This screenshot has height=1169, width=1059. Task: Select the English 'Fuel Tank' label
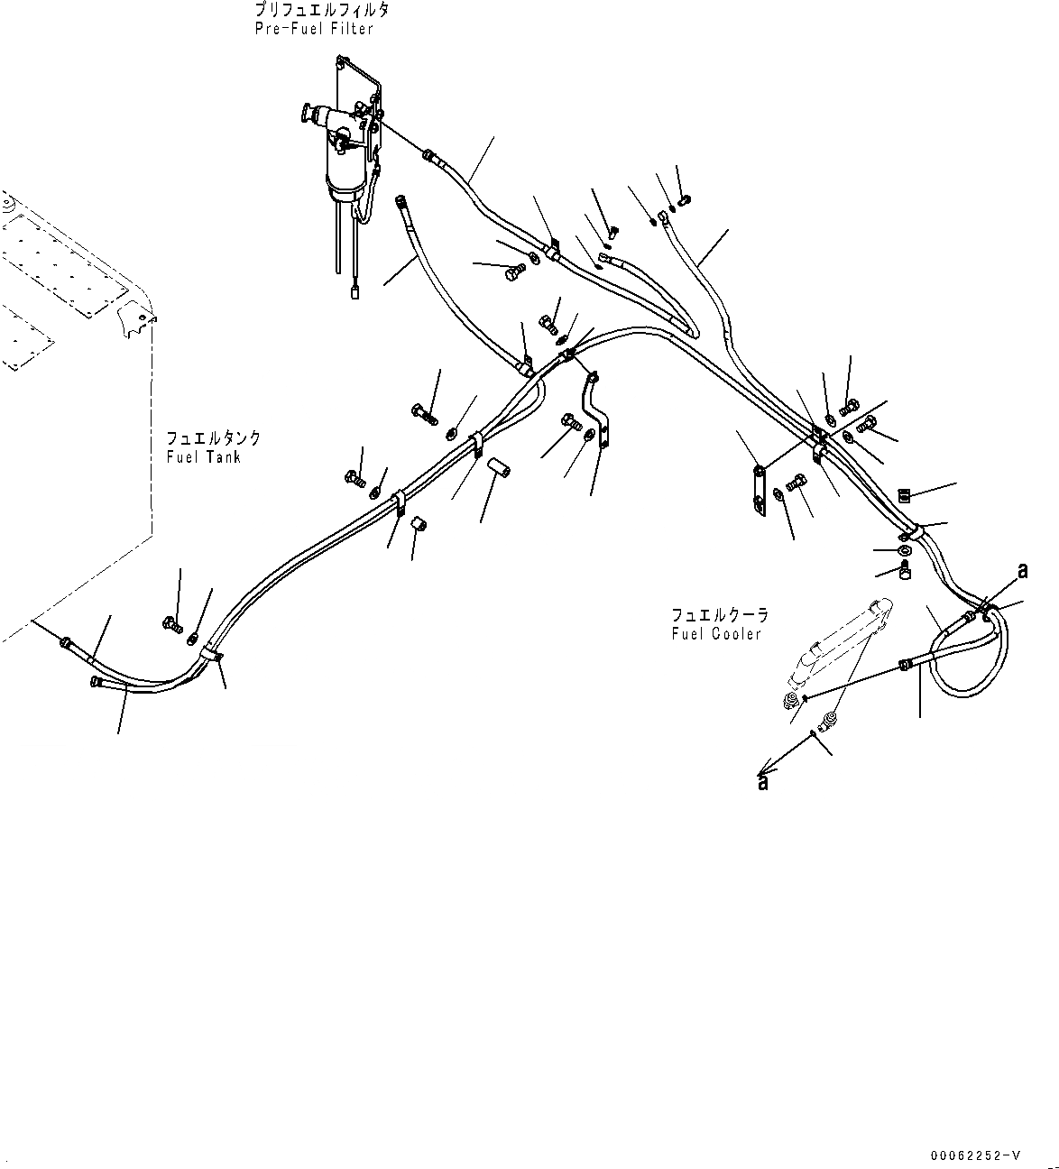pyautogui.click(x=203, y=456)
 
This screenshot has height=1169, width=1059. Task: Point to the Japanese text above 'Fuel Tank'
pyautogui.click(x=214, y=438)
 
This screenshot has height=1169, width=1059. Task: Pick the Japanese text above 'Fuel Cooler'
pyautogui.click(x=720, y=614)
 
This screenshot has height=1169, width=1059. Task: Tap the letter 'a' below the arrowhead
pyautogui.click(x=763, y=783)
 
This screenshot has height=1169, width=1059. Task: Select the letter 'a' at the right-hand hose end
pyautogui.click(x=1022, y=570)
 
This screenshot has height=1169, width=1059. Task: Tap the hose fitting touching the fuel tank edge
pyautogui.click(x=66, y=641)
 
